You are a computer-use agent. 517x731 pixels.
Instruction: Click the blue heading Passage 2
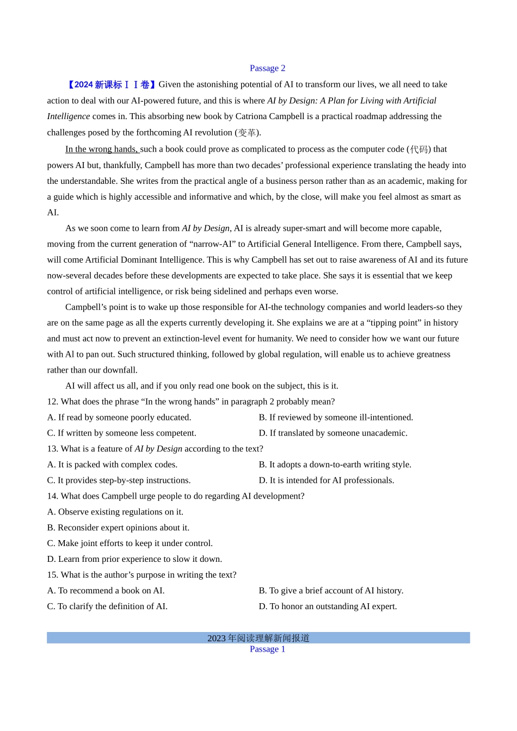[x=267, y=68]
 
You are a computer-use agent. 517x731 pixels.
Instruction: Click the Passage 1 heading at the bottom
[x=267, y=649]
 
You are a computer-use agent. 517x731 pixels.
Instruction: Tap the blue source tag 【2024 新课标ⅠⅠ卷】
[x=111, y=84]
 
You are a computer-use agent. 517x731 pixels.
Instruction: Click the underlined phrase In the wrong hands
[x=102, y=149]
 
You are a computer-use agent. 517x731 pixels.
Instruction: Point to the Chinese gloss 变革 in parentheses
[x=248, y=133]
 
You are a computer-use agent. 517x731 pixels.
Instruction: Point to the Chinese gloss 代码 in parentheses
[x=418, y=149]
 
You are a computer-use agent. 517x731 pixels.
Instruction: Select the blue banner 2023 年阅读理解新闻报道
[x=258, y=638]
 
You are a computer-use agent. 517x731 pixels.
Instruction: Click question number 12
[x=52, y=401]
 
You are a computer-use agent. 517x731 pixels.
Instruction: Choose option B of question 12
[x=335, y=417]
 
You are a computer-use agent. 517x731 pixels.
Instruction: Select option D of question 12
[x=333, y=433]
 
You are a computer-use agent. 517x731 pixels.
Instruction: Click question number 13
[x=52, y=449]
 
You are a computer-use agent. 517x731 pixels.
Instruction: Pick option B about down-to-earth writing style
[x=335, y=464]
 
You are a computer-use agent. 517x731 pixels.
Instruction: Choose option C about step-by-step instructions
[x=119, y=480]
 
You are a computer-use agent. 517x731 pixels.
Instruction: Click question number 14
[x=52, y=496]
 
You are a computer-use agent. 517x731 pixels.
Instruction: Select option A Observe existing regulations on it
[x=115, y=512]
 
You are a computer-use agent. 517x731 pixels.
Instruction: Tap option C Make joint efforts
[x=130, y=543]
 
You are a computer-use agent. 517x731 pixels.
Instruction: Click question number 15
[x=52, y=575]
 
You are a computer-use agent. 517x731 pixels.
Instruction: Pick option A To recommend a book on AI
[x=106, y=591]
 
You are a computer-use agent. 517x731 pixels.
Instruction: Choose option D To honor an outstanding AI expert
[x=328, y=606]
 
